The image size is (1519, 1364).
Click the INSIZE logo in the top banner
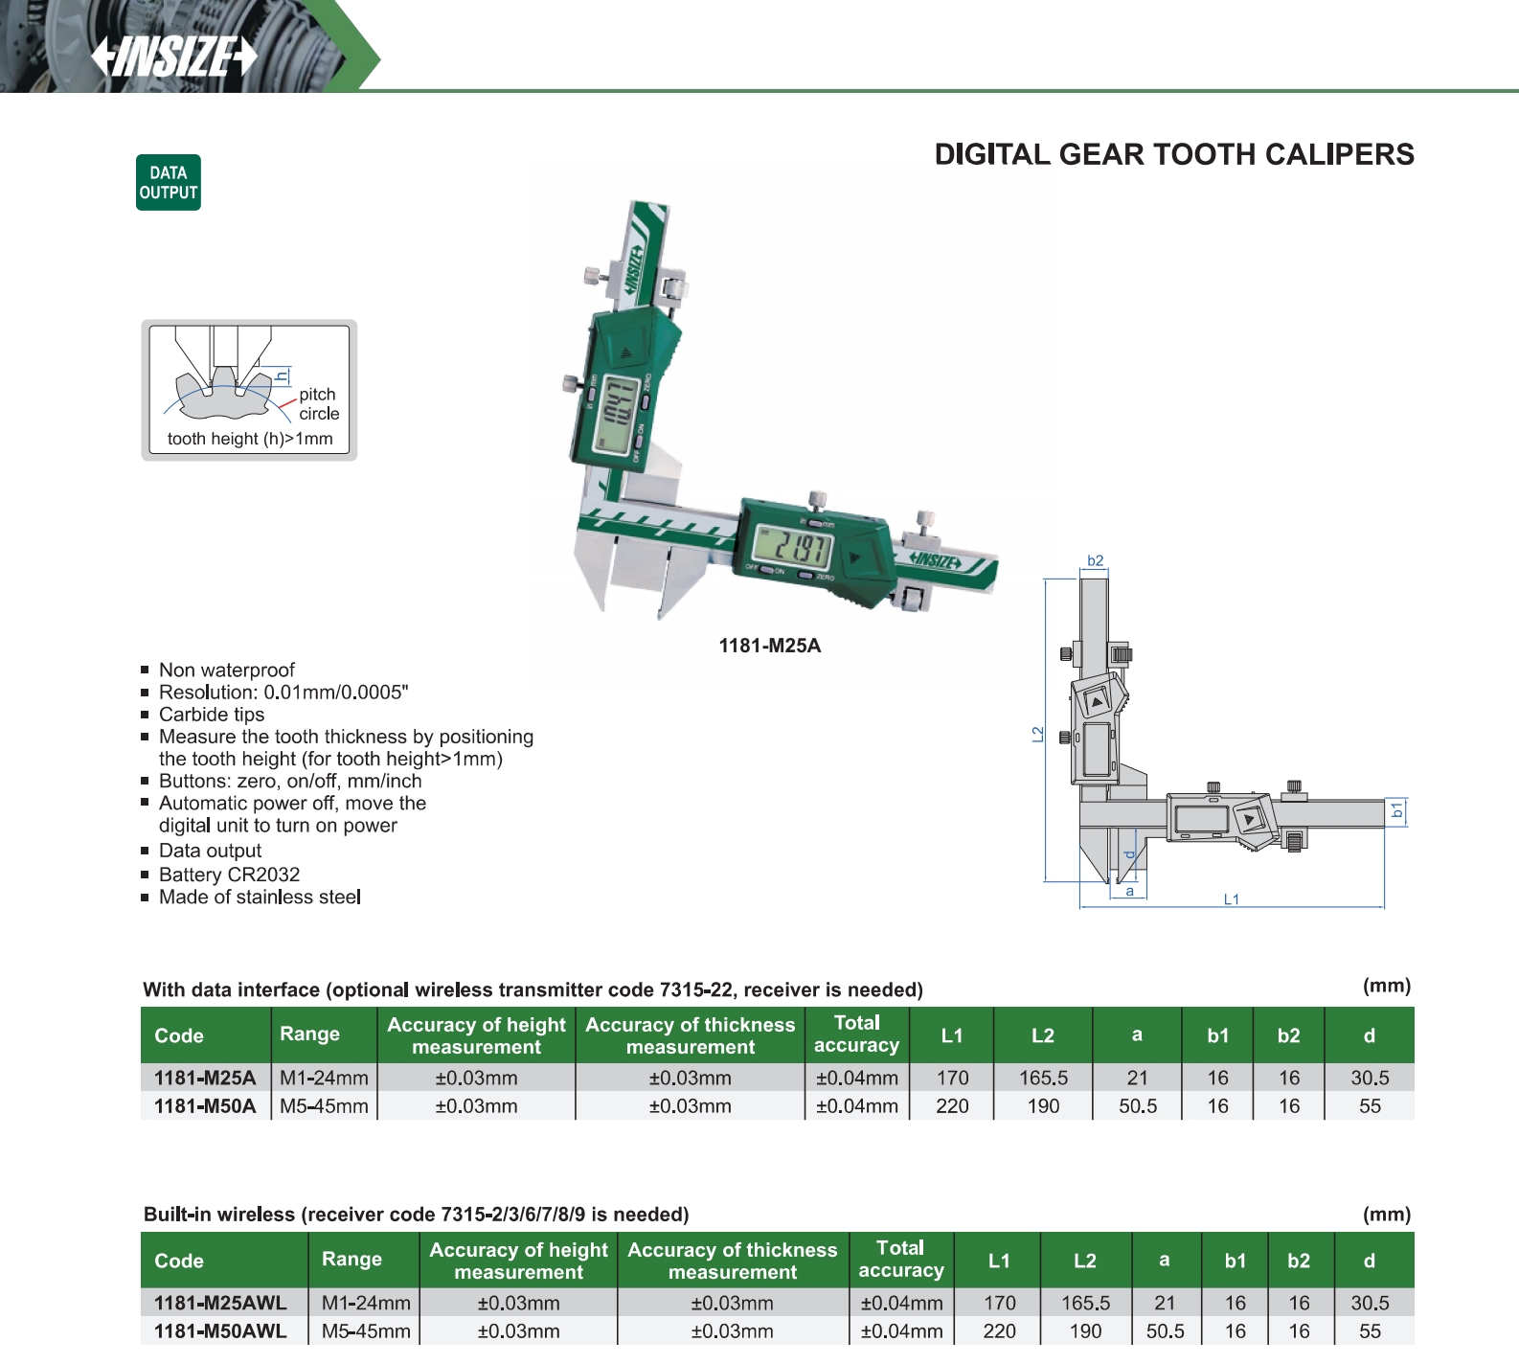coord(174,57)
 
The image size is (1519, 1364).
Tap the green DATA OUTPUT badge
coord(169,182)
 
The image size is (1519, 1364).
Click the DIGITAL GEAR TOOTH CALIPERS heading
coord(1174,154)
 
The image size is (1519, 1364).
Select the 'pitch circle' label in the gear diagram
coord(319,404)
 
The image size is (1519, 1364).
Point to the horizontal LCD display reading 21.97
coord(792,547)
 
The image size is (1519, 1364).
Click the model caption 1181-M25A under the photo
coord(770,646)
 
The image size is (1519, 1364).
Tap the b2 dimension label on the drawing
coord(1096,560)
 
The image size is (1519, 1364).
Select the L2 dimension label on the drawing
coord(1037,734)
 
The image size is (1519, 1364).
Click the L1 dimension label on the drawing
coord(1232,899)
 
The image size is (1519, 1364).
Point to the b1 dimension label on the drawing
coord(1397,810)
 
